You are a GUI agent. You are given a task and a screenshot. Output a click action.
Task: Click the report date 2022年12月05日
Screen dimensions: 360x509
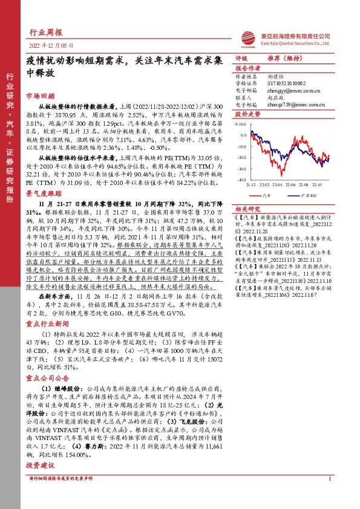click(51, 45)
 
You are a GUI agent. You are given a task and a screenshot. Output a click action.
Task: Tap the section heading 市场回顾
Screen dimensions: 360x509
click(41, 96)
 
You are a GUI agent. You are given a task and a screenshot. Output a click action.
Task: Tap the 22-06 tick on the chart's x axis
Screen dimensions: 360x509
click(291, 184)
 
